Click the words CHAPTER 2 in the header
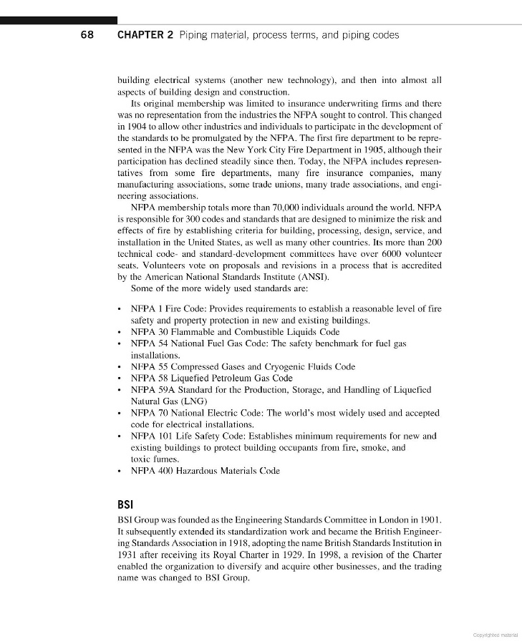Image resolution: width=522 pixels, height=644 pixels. coord(145,34)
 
